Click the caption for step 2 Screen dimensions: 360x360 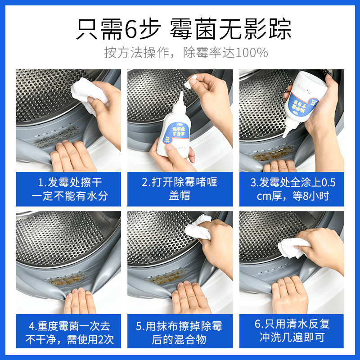click(180, 189)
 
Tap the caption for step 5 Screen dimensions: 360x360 click(180, 332)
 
